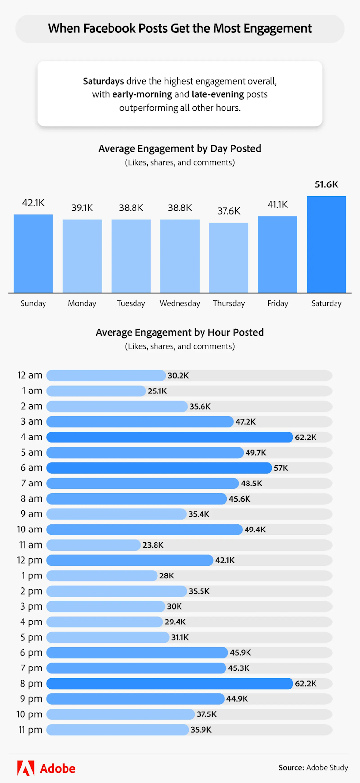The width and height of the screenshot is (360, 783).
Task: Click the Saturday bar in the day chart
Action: tap(326, 244)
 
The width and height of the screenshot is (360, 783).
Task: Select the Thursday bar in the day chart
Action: tap(228, 257)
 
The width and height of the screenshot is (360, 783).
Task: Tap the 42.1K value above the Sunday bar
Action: tap(33, 203)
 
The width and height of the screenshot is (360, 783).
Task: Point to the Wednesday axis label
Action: tap(180, 303)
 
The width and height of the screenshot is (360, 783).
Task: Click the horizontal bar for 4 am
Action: tap(169, 437)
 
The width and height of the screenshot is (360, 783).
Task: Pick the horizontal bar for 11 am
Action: tap(93, 545)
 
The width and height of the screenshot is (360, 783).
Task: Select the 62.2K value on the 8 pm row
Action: tap(306, 683)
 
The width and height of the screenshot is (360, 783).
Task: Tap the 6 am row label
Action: tap(31, 468)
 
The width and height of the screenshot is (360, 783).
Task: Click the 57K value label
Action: tap(281, 468)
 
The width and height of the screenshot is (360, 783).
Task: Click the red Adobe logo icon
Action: tap(25, 768)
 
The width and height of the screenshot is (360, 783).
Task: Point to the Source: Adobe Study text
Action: tap(313, 768)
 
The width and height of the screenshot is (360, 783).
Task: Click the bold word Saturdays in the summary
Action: tap(103, 81)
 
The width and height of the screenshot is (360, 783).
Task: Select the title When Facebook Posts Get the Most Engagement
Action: tap(180, 28)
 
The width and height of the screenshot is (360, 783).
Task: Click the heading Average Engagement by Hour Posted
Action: tap(180, 332)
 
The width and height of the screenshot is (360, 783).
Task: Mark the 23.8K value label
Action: tap(153, 545)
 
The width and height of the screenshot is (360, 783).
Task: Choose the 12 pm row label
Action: tap(29, 560)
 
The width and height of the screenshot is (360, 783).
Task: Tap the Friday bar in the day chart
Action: tap(277, 254)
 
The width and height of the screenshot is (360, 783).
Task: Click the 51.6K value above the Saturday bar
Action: tap(326, 184)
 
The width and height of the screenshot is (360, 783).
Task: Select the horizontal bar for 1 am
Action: tap(96, 391)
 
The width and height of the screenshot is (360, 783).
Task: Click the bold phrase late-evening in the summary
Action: tap(218, 94)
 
